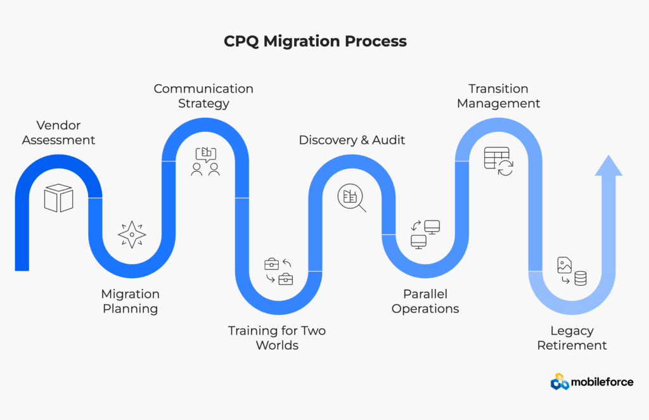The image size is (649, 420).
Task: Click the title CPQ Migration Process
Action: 315,42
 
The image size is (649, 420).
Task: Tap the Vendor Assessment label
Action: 58,132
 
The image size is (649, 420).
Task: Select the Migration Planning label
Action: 131,302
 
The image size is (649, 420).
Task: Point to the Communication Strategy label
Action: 203,96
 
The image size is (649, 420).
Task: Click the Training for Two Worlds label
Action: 277,338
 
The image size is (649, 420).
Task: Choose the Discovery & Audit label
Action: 352,140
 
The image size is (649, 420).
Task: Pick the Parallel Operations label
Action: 425,302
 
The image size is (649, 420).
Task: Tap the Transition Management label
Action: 499,96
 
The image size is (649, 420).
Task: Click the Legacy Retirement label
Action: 572,338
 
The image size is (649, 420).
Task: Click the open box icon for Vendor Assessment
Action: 58,198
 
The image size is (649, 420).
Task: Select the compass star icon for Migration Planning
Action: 132,234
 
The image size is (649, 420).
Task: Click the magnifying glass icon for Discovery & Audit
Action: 352,198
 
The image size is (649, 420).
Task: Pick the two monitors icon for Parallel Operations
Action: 425,234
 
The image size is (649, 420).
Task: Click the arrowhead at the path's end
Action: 608,166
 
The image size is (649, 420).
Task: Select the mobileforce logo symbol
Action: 560,381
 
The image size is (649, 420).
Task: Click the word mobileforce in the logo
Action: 602,382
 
